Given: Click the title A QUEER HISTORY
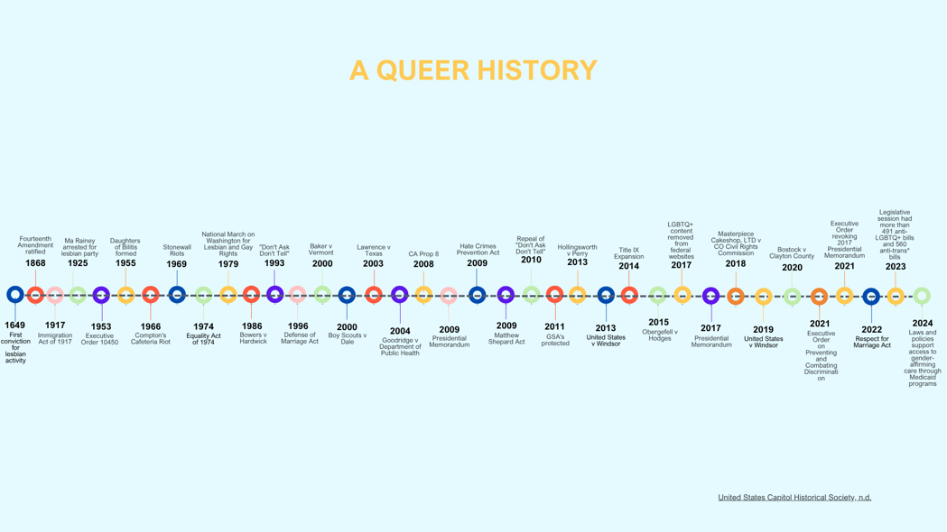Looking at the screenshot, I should [x=473, y=70].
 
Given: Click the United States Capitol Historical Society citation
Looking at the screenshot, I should [x=794, y=497].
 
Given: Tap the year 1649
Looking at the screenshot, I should [x=14, y=325].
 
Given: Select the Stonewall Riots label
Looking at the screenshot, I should [x=177, y=250].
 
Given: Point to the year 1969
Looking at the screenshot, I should [x=177, y=264].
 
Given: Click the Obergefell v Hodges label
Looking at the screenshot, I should [x=659, y=335].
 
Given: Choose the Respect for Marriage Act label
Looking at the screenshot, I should [x=872, y=342].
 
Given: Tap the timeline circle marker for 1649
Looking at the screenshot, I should [x=14, y=295].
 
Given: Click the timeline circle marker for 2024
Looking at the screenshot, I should [x=922, y=296].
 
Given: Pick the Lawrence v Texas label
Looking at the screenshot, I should [x=373, y=250].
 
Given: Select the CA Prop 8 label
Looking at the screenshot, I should [x=423, y=254].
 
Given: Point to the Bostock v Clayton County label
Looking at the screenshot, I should [x=792, y=252].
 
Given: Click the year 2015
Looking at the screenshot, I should [x=658, y=322].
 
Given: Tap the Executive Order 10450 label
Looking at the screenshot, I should [x=100, y=339].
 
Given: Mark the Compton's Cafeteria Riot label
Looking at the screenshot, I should [x=151, y=338].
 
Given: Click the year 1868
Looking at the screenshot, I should [x=35, y=263].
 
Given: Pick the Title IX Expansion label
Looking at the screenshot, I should [x=629, y=252].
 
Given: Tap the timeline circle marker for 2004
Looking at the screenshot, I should [x=399, y=295].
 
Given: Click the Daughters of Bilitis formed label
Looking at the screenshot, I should [x=125, y=247].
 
